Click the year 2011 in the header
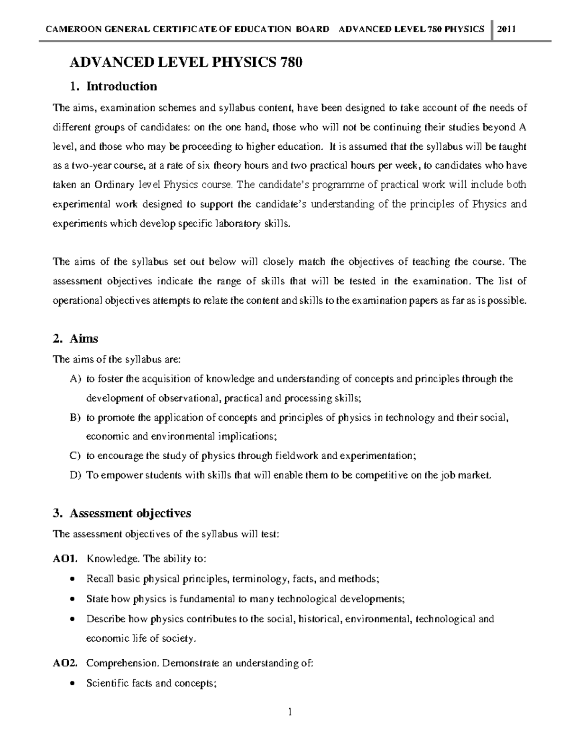(507, 29)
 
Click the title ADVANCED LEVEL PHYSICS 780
(186, 63)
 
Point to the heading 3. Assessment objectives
(122, 513)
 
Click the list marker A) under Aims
(75, 379)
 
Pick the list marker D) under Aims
(75, 475)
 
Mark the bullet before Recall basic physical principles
(72, 579)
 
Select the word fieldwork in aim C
(297, 456)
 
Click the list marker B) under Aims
(75, 418)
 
